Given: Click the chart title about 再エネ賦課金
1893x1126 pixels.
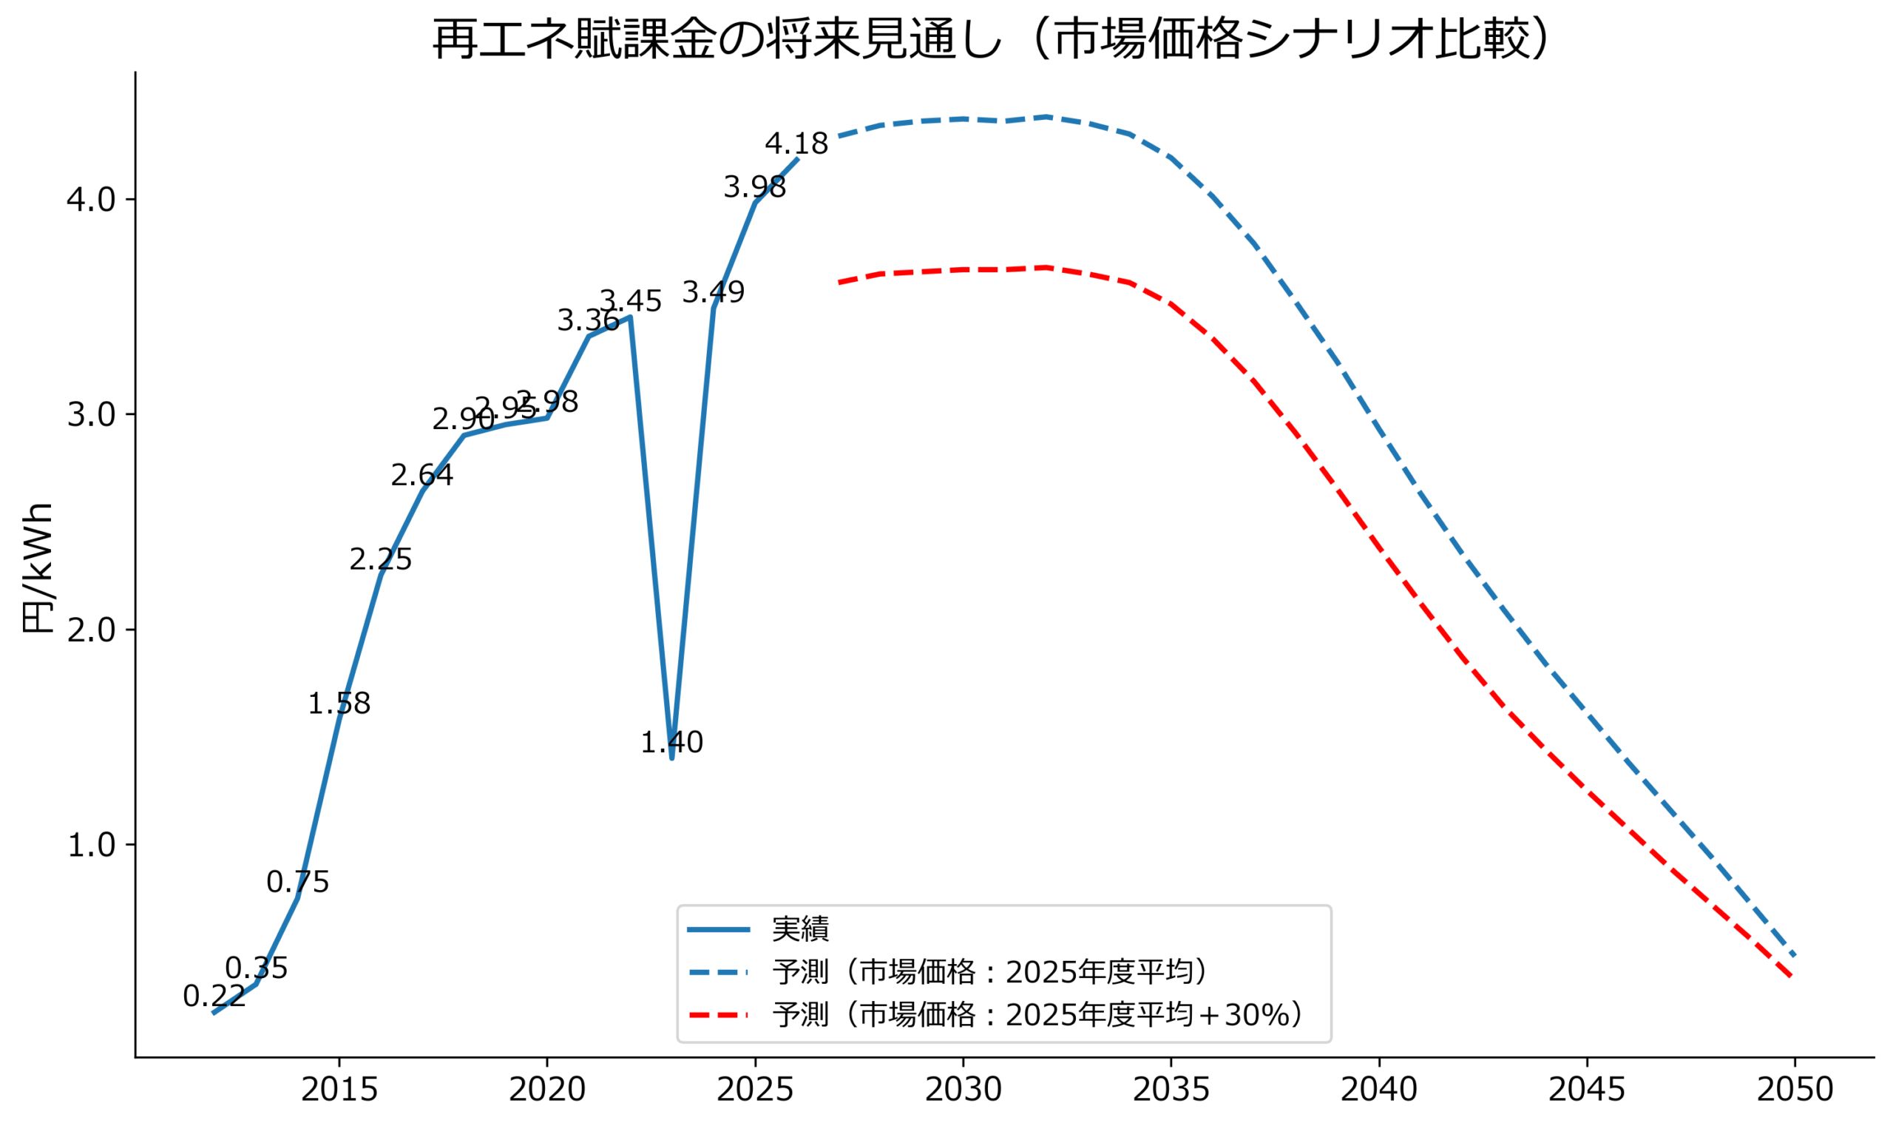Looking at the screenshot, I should click(989, 39).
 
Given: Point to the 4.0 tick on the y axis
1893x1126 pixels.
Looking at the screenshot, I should click(91, 200).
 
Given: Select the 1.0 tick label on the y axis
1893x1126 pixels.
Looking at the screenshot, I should click(91, 845).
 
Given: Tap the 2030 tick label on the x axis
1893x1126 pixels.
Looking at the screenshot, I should click(964, 1090).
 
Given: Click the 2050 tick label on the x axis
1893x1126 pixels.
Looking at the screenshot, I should click(1795, 1090).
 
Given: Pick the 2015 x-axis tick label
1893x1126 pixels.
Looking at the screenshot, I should click(339, 1090).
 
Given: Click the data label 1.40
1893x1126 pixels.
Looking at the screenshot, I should click(672, 742).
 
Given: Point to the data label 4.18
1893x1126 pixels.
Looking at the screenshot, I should click(796, 144).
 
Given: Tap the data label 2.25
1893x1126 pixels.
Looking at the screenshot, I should click(381, 560).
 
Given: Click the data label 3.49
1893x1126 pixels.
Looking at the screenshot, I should click(714, 292).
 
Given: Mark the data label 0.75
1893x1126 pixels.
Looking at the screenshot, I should click(298, 883).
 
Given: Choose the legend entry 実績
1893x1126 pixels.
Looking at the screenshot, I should click(800, 929).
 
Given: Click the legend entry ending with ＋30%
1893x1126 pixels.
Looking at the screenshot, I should click(1036, 1014).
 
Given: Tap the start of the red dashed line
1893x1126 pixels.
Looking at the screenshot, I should click(839, 283).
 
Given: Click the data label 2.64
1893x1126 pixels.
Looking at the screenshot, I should click(422, 475).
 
